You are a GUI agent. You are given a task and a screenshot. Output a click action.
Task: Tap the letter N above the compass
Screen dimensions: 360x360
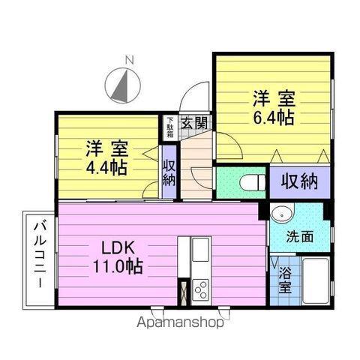pos(130,60)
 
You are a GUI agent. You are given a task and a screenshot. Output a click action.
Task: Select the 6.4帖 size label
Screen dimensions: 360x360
pos(274,118)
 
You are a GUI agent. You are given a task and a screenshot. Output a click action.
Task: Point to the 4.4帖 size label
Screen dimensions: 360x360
pos(106,168)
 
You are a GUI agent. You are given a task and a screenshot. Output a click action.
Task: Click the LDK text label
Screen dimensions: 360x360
pos(118,248)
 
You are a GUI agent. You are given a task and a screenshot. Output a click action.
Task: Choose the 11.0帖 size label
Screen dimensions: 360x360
pos(118,266)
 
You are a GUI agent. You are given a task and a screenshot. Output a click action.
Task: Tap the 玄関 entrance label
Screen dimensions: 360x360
pos(194,123)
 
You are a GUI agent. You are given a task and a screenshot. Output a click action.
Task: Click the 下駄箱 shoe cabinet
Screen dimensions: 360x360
pos(170,127)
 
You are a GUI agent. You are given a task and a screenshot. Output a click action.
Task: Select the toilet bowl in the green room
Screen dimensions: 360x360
pos(253,182)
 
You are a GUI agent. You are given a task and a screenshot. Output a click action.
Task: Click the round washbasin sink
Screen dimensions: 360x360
pos(282,213)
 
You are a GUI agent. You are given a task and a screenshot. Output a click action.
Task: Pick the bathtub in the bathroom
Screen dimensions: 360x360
pos(316,280)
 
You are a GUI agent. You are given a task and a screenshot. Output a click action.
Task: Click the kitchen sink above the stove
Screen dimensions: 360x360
pos(200,249)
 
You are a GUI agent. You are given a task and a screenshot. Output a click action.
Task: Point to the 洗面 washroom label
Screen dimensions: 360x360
pos(300,236)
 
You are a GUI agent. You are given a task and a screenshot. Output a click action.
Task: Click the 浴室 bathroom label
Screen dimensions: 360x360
pos(286,280)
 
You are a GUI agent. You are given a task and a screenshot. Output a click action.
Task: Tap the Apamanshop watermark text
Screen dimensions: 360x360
pos(180,322)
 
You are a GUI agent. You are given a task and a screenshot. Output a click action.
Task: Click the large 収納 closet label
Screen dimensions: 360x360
pos(300,181)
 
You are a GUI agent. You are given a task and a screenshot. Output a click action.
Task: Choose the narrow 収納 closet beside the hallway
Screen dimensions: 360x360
pos(169,172)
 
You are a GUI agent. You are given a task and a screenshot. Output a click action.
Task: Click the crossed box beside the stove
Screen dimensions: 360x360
pos(184,292)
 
